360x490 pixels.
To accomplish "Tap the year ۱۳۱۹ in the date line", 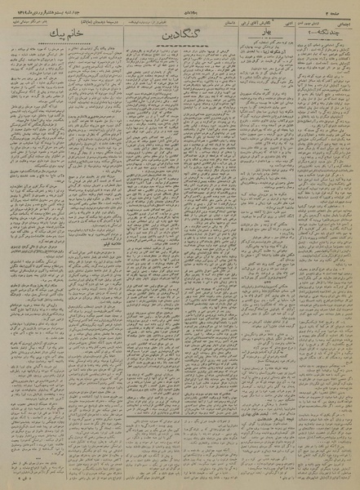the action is tap(15, 7).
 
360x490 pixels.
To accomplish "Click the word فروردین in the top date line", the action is tap(45, 7).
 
